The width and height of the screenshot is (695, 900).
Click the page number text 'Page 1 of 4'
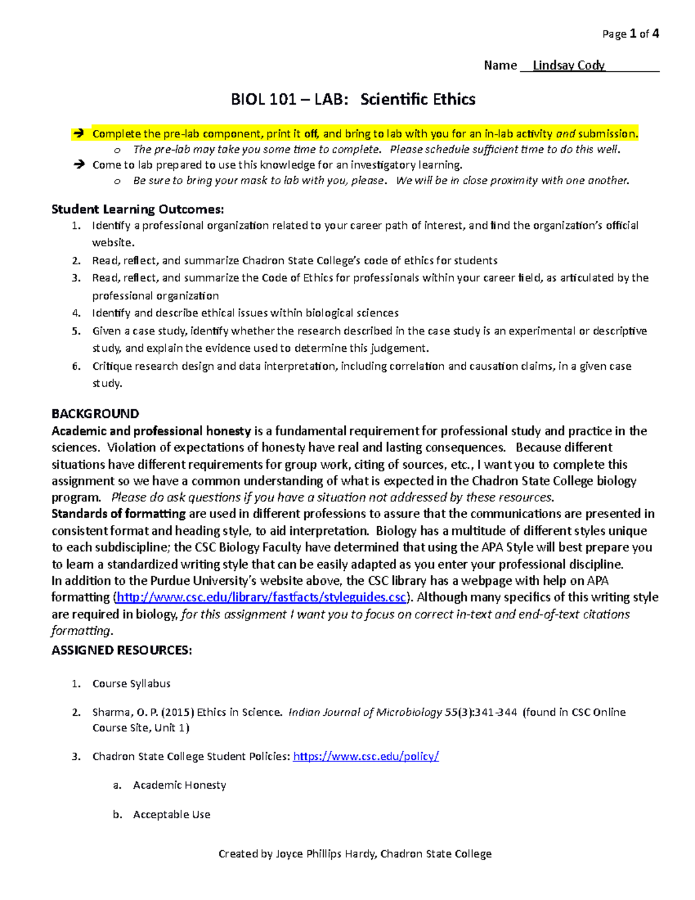[630, 34]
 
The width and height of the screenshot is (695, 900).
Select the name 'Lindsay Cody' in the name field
[568, 65]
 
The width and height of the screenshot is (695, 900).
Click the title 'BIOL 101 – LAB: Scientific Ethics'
[353, 100]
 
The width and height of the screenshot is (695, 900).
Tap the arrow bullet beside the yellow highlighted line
[78, 134]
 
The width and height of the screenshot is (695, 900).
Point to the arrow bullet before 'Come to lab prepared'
[78, 165]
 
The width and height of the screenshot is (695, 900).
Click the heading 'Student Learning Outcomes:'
[137, 209]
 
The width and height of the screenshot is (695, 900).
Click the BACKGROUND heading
[95, 414]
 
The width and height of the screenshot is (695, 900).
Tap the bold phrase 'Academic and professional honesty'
[151, 431]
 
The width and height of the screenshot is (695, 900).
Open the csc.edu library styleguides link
[261, 597]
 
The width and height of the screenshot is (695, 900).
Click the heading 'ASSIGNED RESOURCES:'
[122, 650]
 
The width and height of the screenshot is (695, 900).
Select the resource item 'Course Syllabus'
[131, 684]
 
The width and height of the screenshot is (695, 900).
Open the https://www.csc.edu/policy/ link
[366, 756]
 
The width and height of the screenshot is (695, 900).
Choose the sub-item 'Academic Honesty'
[180, 785]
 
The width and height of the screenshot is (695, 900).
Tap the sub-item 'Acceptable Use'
[171, 815]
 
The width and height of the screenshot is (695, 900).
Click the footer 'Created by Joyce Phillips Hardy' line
[354, 854]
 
